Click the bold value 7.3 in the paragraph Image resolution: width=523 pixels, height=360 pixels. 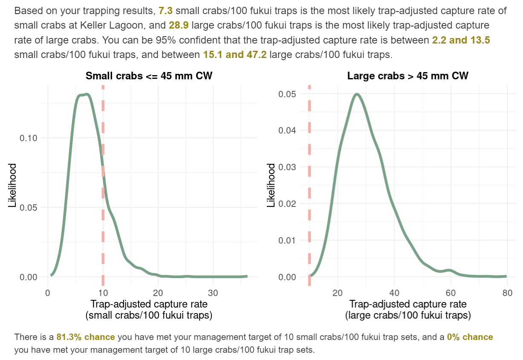(165, 11)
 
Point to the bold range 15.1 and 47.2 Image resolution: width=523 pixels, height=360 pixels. (235, 55)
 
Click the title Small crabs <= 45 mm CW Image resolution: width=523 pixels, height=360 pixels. (149, 76)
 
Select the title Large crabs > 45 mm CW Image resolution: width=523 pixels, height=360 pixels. (407, 76)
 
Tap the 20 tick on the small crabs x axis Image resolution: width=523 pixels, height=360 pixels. (158, 293)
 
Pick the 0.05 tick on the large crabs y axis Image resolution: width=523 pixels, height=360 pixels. (288, 94)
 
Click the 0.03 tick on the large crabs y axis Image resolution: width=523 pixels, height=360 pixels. (288, 167)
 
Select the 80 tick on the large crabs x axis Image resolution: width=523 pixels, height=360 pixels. (507, 293)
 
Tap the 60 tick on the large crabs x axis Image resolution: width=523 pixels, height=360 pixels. (450, 293)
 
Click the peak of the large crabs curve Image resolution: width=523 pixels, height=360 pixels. (357, 94)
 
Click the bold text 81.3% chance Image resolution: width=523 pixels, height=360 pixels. (86, 337)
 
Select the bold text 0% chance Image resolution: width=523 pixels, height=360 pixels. (470, 337)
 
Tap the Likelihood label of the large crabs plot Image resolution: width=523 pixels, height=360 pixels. (271, 185)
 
